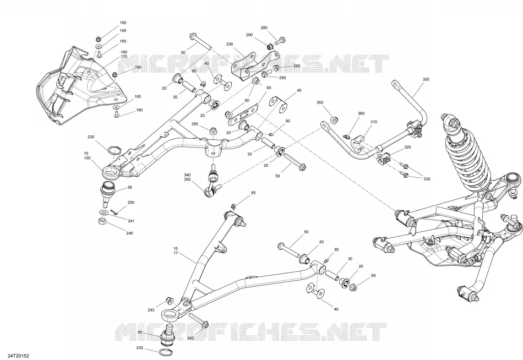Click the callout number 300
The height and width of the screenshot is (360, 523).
click(426, 79)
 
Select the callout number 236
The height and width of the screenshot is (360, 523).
click(230, 44)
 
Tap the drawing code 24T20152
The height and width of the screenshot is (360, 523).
click(17, 357)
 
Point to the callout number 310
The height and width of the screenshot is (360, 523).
click(374, 122)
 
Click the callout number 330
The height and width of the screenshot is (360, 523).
click(427, 179)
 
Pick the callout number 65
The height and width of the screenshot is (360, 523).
click(269, 88)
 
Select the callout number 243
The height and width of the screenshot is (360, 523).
click(151, 310)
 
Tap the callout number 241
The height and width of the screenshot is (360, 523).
click(131, 221)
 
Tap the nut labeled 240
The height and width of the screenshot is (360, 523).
click(103, 221)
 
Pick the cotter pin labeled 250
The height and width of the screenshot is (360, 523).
click(113, 212)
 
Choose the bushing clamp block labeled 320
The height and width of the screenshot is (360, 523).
click(384, 157)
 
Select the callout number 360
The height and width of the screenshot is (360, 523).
click(361, 113)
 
